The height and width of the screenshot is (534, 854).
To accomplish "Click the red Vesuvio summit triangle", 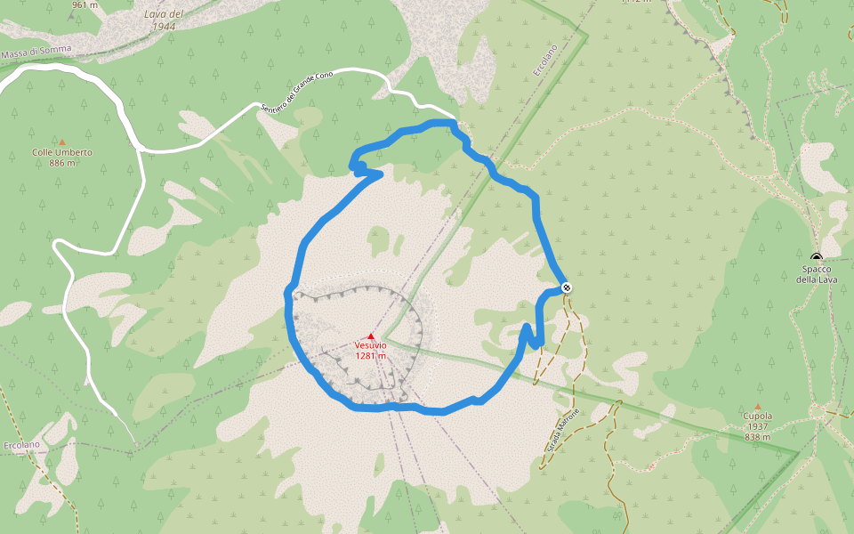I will pos(371,336).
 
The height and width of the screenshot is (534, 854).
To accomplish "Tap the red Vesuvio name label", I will pos(370,345).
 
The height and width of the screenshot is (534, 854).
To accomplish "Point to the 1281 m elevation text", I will pos(370,356).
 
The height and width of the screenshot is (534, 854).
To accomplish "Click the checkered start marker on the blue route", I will pos(567,287).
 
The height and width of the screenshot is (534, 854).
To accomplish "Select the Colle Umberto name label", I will pos(62,152).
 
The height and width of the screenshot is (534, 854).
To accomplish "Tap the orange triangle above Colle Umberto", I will pos(62,142).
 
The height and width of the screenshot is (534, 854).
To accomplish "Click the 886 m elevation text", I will pos(62,163).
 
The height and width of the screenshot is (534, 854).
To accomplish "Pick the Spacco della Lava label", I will pos(816,274).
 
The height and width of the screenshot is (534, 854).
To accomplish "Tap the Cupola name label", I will pos(758,416).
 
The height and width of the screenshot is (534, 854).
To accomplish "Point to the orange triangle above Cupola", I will pos(758,406).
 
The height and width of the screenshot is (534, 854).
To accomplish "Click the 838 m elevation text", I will pos(758,437).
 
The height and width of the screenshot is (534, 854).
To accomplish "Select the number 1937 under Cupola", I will pos(758,426).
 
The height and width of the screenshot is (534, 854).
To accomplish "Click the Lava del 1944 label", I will pos(164,20).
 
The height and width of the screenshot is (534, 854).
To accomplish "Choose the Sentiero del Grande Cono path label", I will pos(296,93).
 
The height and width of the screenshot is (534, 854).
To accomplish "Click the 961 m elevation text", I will pos(85,4).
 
